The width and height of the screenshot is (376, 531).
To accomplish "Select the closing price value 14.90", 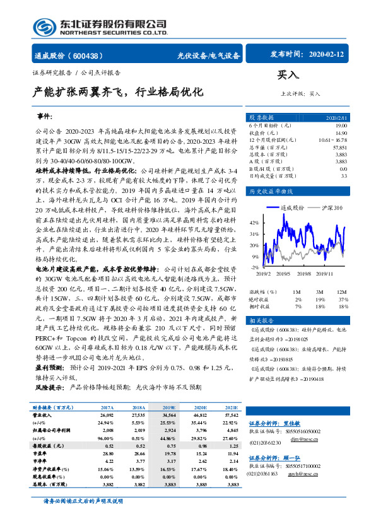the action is tap(340, 133).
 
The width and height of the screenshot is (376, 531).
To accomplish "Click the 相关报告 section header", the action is tap(262, 321).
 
